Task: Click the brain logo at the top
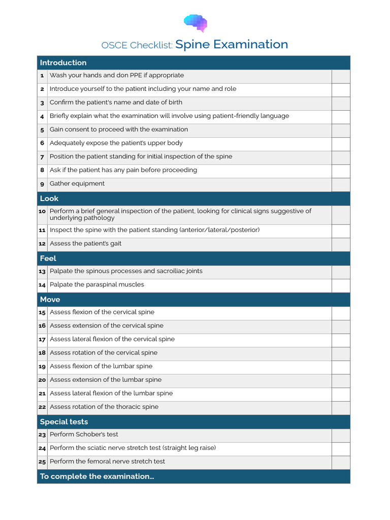[196, 23]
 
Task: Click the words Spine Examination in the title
[232, 45]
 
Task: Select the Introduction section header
[63, 63]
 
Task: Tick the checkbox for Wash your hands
[341, 76]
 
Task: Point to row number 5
[42, 130]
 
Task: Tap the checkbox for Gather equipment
[341, 185]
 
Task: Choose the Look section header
[49, 199]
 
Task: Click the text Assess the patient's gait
[85, 244]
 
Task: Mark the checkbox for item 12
[341, 245]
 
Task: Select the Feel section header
[48, 258]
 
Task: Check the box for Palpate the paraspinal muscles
[341, 286]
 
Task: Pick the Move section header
[50, 300]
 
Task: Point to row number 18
[42, 353]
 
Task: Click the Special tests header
[64, 422]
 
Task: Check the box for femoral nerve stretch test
[341, 463]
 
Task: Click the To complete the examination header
[97, 476]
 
